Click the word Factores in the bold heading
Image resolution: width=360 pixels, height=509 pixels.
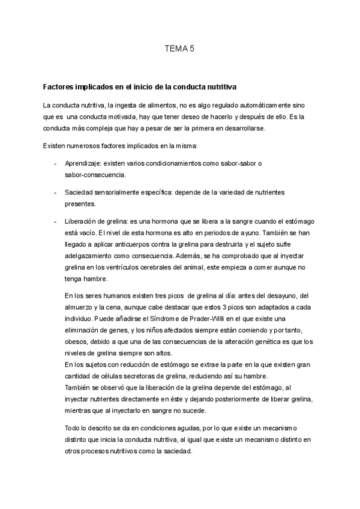click(x=61, y=86)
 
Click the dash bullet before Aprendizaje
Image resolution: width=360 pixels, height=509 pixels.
click(x=55, y=163)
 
